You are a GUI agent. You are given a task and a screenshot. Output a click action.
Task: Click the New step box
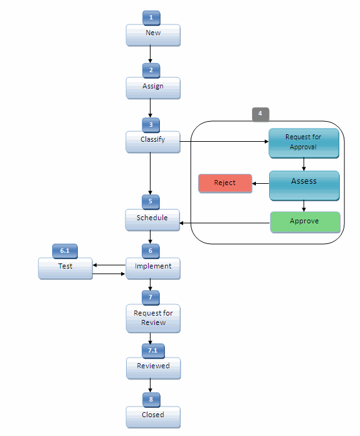click(x=153, y=35)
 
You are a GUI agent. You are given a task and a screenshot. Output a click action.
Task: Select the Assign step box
click(x=153, y=88)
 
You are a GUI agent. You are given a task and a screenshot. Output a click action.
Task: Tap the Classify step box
click(x=153, y=141)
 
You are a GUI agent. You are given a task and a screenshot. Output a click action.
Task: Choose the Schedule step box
click(x=152, y=220)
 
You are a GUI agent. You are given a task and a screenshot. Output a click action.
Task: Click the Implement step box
click(x=153, y=268)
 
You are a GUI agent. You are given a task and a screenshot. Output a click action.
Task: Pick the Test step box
click(x=65, y=268)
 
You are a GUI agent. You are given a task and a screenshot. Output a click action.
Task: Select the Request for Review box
click(x=153, y=318)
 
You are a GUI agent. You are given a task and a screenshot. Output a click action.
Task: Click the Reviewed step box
click(x=153, y=368)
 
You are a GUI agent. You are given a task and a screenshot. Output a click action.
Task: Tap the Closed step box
click(x=153, y=417)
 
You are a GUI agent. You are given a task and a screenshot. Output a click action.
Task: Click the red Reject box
click(x=225, y=183)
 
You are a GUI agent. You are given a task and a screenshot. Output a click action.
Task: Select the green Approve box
click(x=305, y=222)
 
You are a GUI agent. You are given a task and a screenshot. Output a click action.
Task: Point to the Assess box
click(x=304, y=185)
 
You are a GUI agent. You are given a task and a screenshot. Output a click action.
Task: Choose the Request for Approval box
click(x=304, y=143)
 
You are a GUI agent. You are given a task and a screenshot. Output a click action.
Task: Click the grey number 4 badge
click(x=260, y=114)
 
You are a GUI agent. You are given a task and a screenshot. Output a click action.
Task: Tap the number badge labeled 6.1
click(x=65, y=250)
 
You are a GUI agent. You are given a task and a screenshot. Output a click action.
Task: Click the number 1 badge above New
click(x=151, y=17)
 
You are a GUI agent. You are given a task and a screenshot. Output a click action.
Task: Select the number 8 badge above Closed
click(x=151, y=399)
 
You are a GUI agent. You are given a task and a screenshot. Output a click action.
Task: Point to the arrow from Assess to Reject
click(x=261, y=184)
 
